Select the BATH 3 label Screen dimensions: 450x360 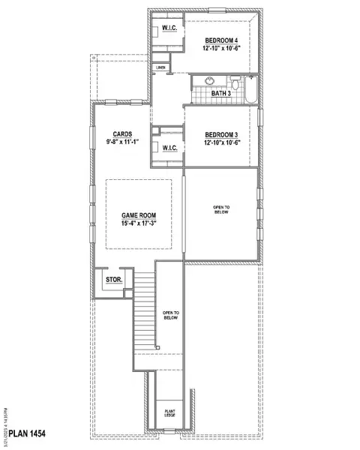pos(220,93)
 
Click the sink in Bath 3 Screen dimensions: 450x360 pos(207,82)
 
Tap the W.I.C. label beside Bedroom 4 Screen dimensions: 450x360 pos(166,31)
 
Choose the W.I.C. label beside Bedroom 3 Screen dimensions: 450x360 pos(170,148)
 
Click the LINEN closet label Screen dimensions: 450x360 pos(160,67)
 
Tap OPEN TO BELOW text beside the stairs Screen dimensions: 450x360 pos(170,314)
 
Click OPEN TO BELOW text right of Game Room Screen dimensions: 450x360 pos(221,209)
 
